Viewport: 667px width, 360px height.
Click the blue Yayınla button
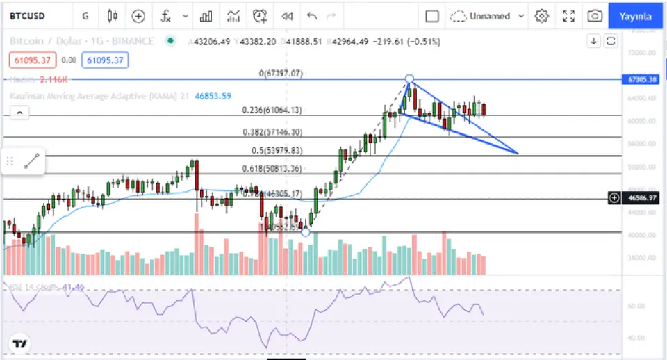pyautogui.click(x=636, y=16)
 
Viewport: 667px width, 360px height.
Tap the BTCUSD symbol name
pyautogui.click(x=27, y=16)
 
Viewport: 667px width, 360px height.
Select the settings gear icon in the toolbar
pyautogui.click(x=542, y=16)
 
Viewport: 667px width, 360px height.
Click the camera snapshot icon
pyautogui.click(x=594, y=16)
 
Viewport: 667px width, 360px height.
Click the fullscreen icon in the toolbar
pyautogui.click(x=568, y=16)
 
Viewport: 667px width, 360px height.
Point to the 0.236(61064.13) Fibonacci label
pyautogui.click(x=272, y=110)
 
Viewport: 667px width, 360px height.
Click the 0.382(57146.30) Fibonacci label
pyautogui.click(x=272, y=132)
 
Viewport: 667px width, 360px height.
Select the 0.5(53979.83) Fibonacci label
pyautogui.click(x=276, y=150)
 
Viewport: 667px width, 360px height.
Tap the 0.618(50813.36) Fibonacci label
pyautogui.click(x=272, y=168)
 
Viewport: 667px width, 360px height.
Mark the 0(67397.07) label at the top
pyautogui.click(x=281, y=73)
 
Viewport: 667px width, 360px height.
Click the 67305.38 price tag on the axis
pyautogui.click(x=643, y=79)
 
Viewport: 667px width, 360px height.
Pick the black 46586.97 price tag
pyautogui.click(x=643, y=198)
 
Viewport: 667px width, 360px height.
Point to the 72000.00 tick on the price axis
pyautogui.click(x=642, y=53)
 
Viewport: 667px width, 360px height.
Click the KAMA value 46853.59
pyautogui.click(x=213, y=96)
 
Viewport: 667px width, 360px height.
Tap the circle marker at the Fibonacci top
pyautogui.click(x=410, y=79)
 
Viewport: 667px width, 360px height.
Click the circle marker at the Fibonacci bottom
pyautogui.click(x=306, y=232)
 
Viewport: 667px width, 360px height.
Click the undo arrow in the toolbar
pyautogui.click(x=311, y=16)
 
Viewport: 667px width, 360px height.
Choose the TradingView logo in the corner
pyautogui.click(x=19, y=343)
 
